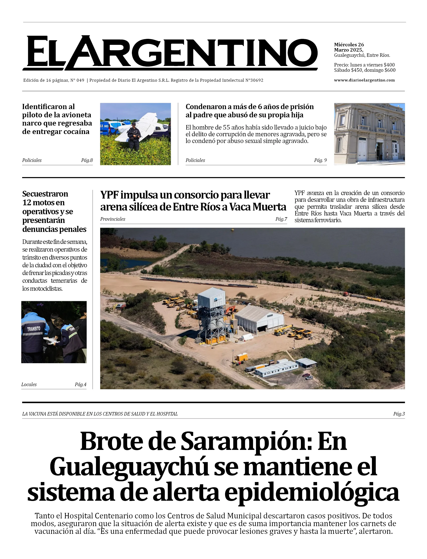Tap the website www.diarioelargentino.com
coord(364,80)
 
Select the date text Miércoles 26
coord(349,45)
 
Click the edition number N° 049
coord(77,80)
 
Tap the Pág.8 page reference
coord(87,160)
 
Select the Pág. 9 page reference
coord(320,160)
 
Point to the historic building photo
coord(369,134)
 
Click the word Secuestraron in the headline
coord(45,194)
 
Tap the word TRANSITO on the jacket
coord(34,329)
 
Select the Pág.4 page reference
coord(81,385)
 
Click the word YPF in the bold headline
coord(109,195)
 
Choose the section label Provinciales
coord(113,219)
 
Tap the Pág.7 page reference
coord(281,219)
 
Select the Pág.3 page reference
coord(399,414)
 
